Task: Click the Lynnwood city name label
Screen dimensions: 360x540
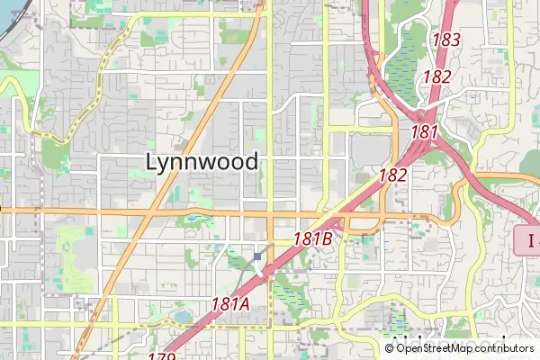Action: coord(202,162)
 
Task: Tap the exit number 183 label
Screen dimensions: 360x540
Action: coord(446,40)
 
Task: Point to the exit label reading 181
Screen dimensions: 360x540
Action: coord(424,132)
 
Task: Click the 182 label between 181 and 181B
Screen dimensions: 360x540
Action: coord(393,175)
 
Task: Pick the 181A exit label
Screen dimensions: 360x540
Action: coord(230,304)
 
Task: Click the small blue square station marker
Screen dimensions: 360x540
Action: coord(257,256)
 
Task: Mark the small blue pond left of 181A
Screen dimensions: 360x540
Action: coord(183,317)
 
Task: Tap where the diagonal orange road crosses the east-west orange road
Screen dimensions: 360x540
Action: coord(148,213)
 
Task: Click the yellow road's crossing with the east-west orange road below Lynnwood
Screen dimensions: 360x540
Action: coord(270,214)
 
